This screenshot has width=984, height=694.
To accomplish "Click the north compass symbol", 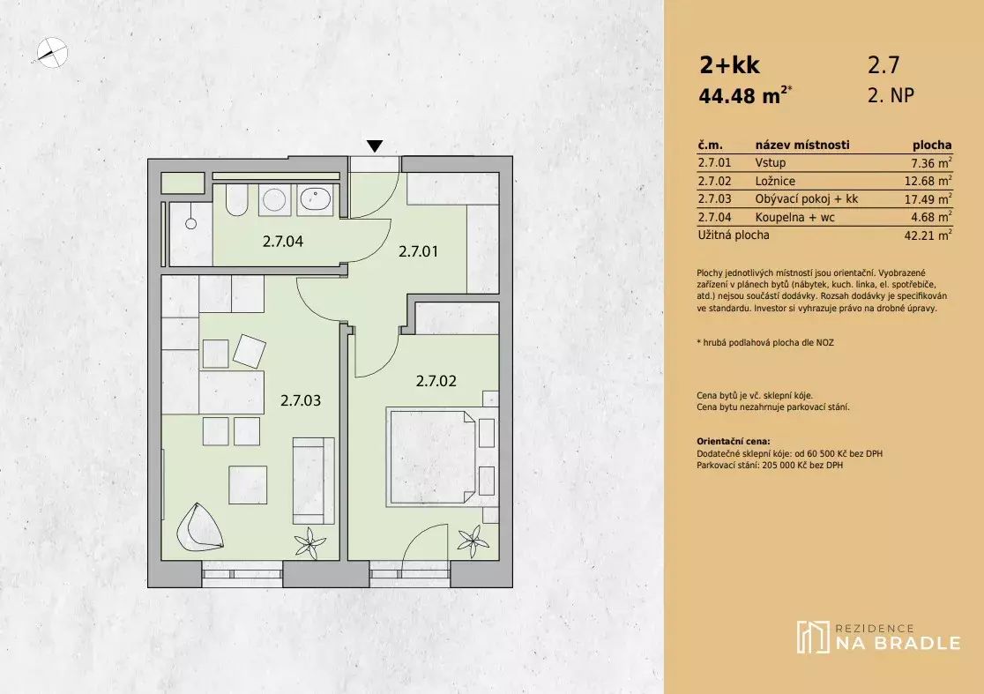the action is click(x=52, y=52).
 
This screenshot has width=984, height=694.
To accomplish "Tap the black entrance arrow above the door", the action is click(x=375, y=146).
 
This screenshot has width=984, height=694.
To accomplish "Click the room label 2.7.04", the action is click(x=282, y=241).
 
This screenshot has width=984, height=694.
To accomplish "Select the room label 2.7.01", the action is click(x=419, y=251).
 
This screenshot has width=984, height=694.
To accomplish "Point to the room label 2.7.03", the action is click(x=301, y=400).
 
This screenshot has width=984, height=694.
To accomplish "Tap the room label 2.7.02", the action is click(x=436, y=381).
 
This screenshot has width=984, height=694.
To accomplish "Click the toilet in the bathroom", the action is click(x=236, y=200).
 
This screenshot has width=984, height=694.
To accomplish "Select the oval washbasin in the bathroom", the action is click(x=315, y=199).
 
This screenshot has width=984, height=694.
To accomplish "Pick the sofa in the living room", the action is click(x=313, y=481).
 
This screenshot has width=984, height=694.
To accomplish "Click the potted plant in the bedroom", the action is click(x=473, y=541).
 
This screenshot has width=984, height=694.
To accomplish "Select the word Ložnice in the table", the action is click(x=775, y=182).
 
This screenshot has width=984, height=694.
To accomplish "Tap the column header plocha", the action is click(x=932, y=146).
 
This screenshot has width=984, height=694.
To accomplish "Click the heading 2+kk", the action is click(x=729, y=65).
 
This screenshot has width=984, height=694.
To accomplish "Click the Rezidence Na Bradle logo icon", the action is click(x=813, y=637).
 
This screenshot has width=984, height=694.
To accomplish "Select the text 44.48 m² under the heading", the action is click(x=745, y=95).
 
